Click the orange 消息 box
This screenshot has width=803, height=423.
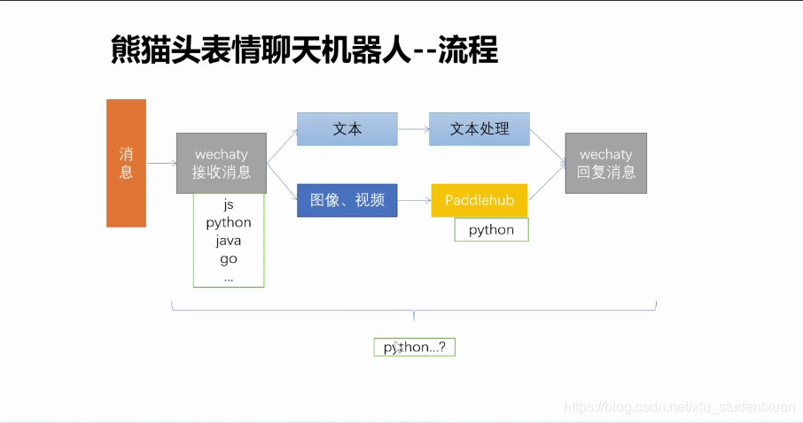126,163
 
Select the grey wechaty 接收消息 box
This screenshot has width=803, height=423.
222,163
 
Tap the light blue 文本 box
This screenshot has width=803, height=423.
347,129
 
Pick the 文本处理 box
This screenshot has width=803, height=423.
479,129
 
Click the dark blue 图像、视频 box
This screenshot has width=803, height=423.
347,200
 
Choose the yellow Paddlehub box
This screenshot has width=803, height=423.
479,200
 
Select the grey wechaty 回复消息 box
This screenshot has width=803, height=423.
606,163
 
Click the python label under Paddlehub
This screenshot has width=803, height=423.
491,230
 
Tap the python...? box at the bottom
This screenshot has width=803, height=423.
414,347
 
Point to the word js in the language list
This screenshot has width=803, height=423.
229,204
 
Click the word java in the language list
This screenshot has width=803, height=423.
229,241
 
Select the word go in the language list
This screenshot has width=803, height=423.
229,259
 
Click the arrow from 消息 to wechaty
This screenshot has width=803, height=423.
161,164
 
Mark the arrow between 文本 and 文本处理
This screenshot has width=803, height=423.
413,129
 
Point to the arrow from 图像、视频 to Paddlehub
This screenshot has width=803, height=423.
414,201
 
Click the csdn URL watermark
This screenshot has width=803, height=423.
680,407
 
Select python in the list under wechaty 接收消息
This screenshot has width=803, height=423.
229,222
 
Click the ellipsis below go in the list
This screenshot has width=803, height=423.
229,278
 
